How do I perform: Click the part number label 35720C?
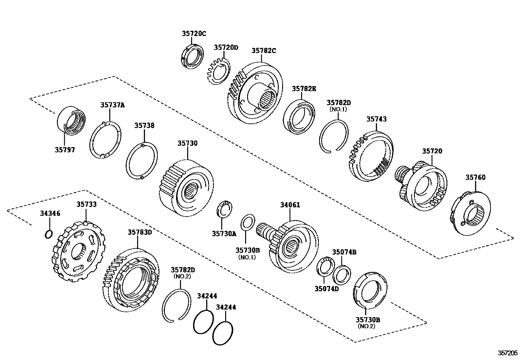194,33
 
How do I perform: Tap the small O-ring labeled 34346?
48,234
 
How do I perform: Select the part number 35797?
65,150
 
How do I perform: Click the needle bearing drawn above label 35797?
72,120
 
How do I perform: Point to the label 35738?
144,125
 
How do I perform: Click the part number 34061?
290,205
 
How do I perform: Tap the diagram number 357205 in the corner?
508,353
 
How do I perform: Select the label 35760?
476,178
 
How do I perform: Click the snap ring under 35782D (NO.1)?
334,135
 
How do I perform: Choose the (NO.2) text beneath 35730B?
366,326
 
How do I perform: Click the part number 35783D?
140,232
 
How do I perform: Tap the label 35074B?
344,252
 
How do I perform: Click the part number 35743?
376,119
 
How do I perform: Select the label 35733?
87,204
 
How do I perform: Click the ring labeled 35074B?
342,275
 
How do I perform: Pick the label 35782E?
304,88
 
